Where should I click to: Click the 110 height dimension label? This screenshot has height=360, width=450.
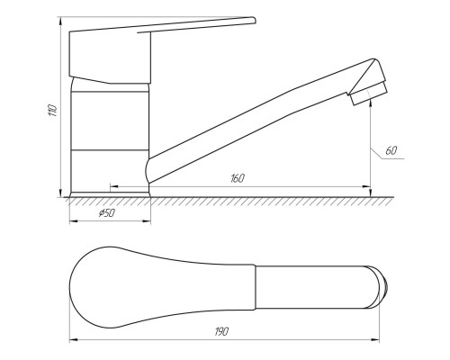pyautogui.click(x=52, y=111)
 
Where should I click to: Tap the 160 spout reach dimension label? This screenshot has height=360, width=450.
pyautogui.click(x=238, y=178)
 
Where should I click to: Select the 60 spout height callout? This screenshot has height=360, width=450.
pyautogui.click(x=391, y=150)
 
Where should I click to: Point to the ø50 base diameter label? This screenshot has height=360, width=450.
pyautogui.click(x=107, y=213)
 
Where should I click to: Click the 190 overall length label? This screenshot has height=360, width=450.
pyautogui.click(x=221, y=331)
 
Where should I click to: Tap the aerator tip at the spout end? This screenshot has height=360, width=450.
pyautogui.click(x=369, y=93)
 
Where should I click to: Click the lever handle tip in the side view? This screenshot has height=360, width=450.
pyautogui.click(x=254, y=20)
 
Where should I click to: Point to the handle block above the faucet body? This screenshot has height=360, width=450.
pyautogui.click(x=110, y=57)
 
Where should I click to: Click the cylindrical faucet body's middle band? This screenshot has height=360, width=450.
pyautogui.click(x=110, y=121)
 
